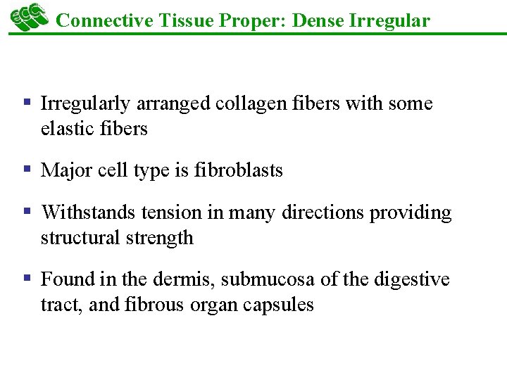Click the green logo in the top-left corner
pos(27,17)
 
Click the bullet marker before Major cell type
pos(27,170)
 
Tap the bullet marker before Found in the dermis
pos(27,279)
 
